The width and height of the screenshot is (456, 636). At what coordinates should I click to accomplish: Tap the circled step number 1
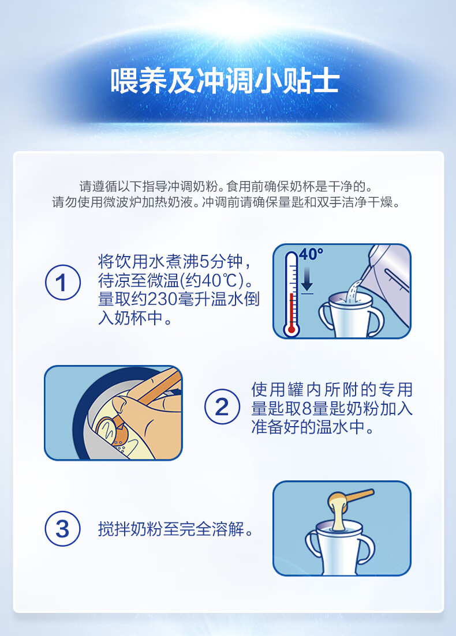(x=62, y=283)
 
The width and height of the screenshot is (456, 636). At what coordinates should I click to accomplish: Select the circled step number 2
(x=222, y=407)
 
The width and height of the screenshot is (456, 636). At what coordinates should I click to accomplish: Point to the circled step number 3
(x=62, y=529)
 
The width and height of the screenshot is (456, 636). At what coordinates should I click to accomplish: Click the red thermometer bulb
(x=291, y=329)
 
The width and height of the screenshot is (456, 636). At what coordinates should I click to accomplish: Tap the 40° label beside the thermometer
(x=311, y=254)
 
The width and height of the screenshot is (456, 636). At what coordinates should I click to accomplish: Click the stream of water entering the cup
(x=352, y=291)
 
